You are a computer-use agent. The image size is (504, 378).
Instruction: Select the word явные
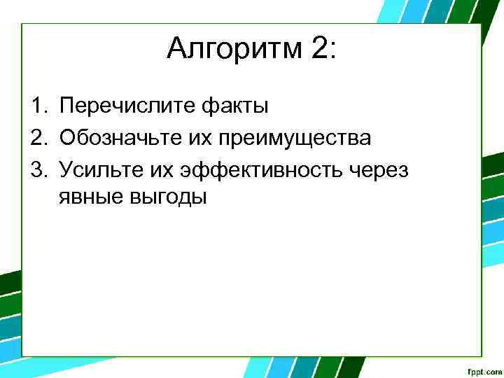92,197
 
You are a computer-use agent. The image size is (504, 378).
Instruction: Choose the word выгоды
169,197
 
